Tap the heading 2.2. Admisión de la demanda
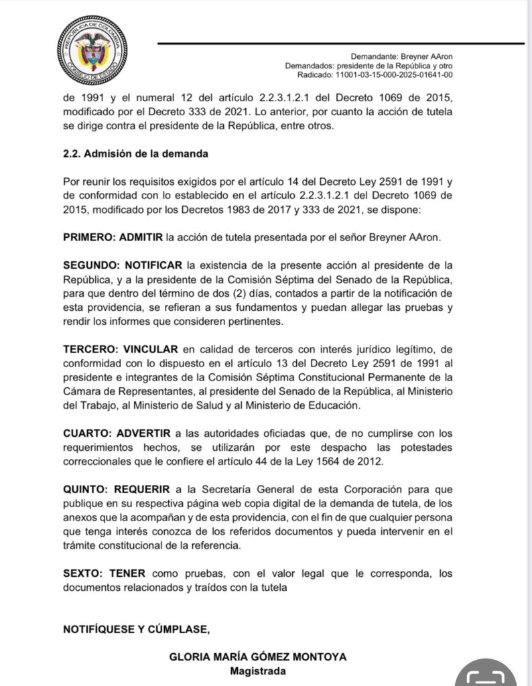[x=135, y=153]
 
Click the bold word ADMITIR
[x=141, y=237]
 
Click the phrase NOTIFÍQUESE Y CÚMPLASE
[x=137, y=628]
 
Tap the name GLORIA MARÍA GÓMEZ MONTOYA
[x=258, y=657]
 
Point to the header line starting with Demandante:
[x=406, y=56]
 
